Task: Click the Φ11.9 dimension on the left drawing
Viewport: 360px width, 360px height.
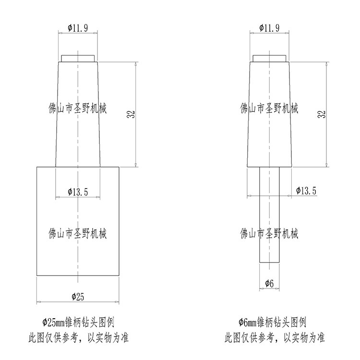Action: [78, 28]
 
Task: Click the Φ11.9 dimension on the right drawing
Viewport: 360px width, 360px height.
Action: [269, 28]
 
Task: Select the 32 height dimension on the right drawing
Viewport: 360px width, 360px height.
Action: [323, 114]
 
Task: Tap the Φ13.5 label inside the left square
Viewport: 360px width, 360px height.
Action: [78, 192]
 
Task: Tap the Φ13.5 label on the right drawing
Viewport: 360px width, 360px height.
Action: [306, 191]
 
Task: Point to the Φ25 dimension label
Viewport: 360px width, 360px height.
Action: [78, 297]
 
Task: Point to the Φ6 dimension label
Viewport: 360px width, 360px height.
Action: [269, 284]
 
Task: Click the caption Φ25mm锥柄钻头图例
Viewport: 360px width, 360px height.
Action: [78, 322]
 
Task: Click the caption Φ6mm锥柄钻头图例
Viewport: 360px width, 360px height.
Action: [269, 322]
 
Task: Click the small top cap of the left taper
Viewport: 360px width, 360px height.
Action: [78, 59]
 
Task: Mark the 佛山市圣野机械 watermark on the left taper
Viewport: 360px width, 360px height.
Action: [78, 108]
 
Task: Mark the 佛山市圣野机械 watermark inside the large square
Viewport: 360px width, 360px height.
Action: [78, 234]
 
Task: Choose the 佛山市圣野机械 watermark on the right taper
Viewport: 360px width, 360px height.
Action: [269, 108]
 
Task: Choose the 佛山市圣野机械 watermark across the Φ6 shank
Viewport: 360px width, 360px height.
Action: [269, 234]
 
